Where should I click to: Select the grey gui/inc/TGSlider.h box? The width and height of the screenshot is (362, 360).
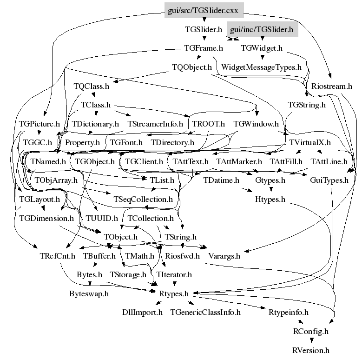[x=262, y=30]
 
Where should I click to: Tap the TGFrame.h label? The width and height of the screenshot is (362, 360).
[x=204, y=47]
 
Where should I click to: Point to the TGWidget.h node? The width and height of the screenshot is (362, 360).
[x=262, y=47]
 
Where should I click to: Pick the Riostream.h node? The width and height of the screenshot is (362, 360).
[x=332, y=86]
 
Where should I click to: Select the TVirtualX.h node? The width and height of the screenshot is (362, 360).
[x=309, y=142]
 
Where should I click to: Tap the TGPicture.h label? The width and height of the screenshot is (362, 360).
[x=39, y=124]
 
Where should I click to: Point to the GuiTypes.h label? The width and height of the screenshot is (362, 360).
[x=329, y=180]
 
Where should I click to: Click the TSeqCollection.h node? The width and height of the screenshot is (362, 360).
[x=143, y=200]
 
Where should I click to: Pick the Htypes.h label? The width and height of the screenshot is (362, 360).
[x=270, y=200]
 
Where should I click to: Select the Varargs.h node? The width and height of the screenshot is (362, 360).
[x=224, y=255]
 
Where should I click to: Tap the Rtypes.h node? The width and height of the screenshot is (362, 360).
[x=171, y=293]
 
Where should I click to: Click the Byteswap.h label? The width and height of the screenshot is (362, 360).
[x=89, y=293]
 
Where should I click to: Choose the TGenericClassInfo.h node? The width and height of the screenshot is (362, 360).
[x=205, y=312]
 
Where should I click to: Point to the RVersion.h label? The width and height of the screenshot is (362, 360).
[x=311, y=350]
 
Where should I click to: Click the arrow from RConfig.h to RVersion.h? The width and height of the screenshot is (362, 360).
[x=311, y=340]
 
